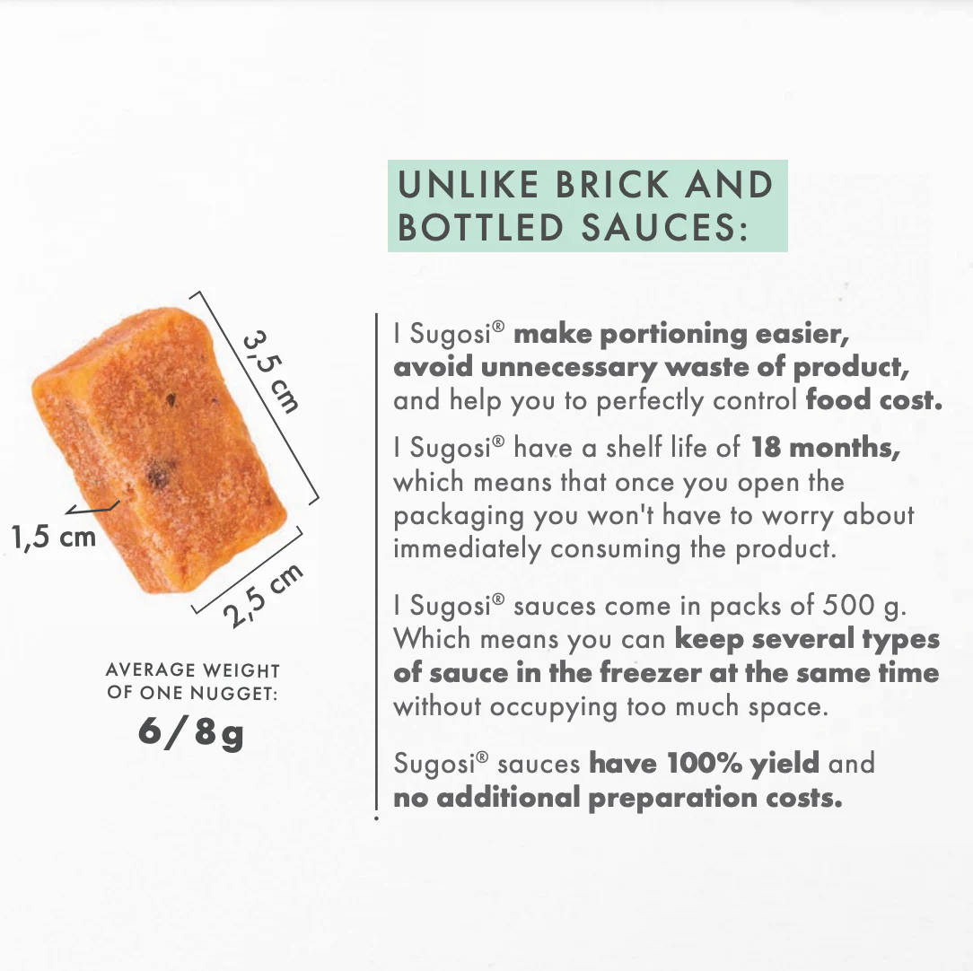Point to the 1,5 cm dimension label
[54, 537]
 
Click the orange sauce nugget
[160, 450]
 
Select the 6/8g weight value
[190, 733]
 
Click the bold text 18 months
[825, 447]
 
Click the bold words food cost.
[873, 400]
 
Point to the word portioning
[673, 335]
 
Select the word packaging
[459, 517]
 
